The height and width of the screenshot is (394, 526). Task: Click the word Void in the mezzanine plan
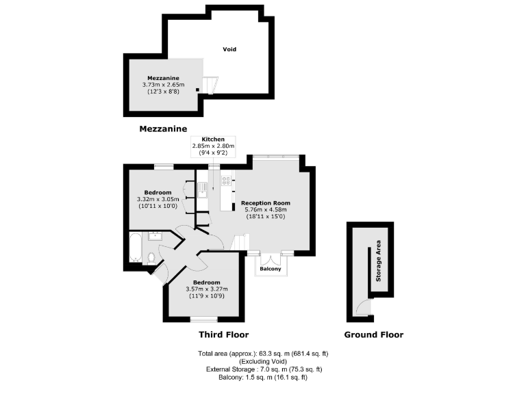coord(230,49)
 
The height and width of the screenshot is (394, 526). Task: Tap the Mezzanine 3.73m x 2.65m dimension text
coord(163,85)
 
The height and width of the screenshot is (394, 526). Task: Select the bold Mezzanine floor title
coord(163,129)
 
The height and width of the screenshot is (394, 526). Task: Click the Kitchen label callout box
coord(213,146)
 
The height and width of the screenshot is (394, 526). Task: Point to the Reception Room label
coord(265,203)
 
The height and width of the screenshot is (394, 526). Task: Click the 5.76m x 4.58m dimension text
coord(265,210)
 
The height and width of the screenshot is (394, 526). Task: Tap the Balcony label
coord(271,269)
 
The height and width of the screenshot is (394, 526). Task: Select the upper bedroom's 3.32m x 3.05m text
coord(158,199)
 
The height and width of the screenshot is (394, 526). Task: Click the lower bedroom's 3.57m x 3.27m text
coord(206,289)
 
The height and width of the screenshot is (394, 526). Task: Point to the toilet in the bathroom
coord(151,257)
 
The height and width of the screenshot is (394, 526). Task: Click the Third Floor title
coord(223,334)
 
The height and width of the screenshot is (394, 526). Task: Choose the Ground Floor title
coord(374,334)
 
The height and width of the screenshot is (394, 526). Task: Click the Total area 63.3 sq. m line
coord(263,354)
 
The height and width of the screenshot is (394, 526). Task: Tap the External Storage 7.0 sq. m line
coord(263,369)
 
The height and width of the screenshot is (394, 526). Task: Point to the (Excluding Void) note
coord(263,361)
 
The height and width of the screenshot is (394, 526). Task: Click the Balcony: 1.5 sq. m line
coord(263,377)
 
